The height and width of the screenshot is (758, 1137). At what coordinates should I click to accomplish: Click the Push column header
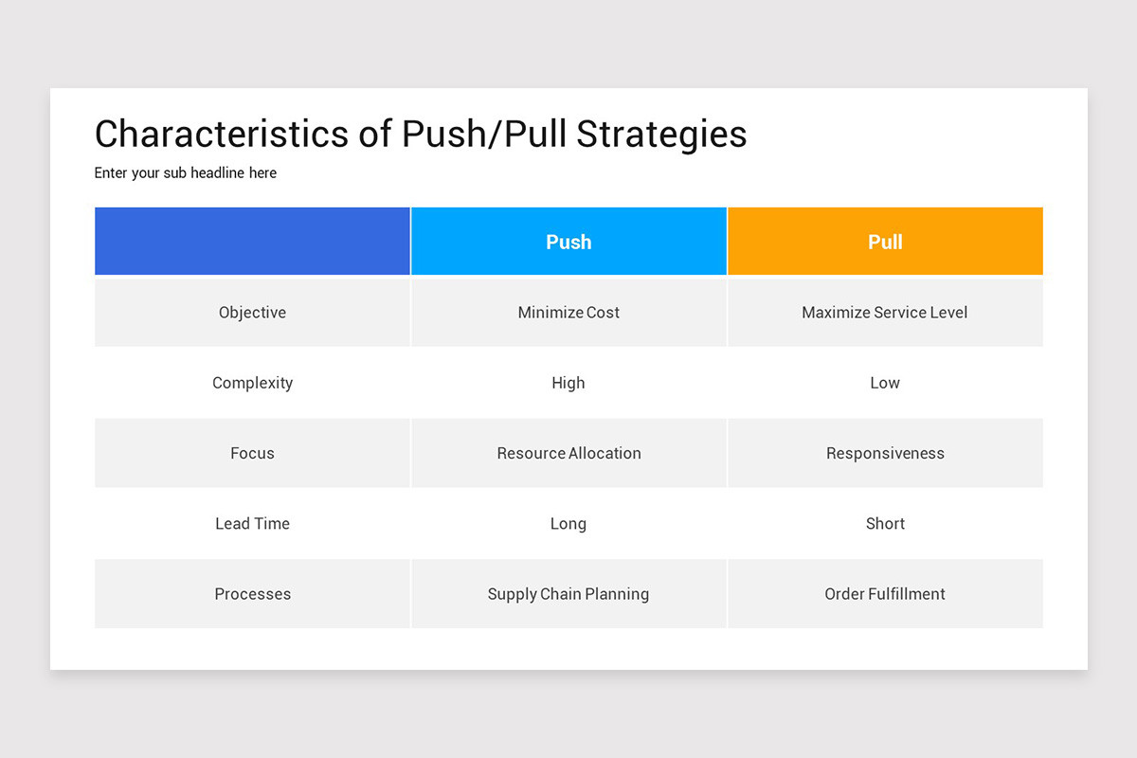[x=568, y=242]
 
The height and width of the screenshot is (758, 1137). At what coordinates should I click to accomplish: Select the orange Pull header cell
[x=885, y=242]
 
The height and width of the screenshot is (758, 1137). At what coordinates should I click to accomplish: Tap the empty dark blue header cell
[x=252, y=242]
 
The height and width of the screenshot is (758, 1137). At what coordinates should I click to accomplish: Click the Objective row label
[x=252, y=313]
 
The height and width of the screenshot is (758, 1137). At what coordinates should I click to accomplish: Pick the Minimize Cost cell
[x=568, y=313]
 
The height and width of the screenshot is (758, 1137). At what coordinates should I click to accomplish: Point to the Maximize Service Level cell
[x=885, y=313]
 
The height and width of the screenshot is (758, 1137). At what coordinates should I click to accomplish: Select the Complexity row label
[x=252, y=383]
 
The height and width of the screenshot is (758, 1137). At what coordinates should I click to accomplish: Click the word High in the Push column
[x=568, y=383]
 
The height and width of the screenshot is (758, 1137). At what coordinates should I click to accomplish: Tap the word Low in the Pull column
[x=885, y=383]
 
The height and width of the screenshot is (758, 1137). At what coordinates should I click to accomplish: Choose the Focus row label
[x=252, y=453]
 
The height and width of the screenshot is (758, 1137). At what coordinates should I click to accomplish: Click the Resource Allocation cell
[x=568, y=453]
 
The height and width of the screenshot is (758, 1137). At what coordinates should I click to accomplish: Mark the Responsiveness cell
[x=885, y=453]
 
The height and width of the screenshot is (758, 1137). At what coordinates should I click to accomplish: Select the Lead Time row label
[x=252, y=524]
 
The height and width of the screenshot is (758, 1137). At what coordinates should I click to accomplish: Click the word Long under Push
[x=568, y=524]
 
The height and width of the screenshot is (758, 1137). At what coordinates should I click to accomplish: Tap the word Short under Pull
[x=885, y=524]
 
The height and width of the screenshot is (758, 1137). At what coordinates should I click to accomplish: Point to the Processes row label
[x=252, y=594]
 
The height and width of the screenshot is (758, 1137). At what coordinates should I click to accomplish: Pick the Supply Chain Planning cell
[x=568, y=594]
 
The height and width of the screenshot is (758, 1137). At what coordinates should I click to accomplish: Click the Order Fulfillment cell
[x=885, y=594]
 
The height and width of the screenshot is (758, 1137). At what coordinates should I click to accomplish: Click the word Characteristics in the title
[x=222, y=135]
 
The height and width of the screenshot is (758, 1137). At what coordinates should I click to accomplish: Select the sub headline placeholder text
[x=186, y=173]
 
